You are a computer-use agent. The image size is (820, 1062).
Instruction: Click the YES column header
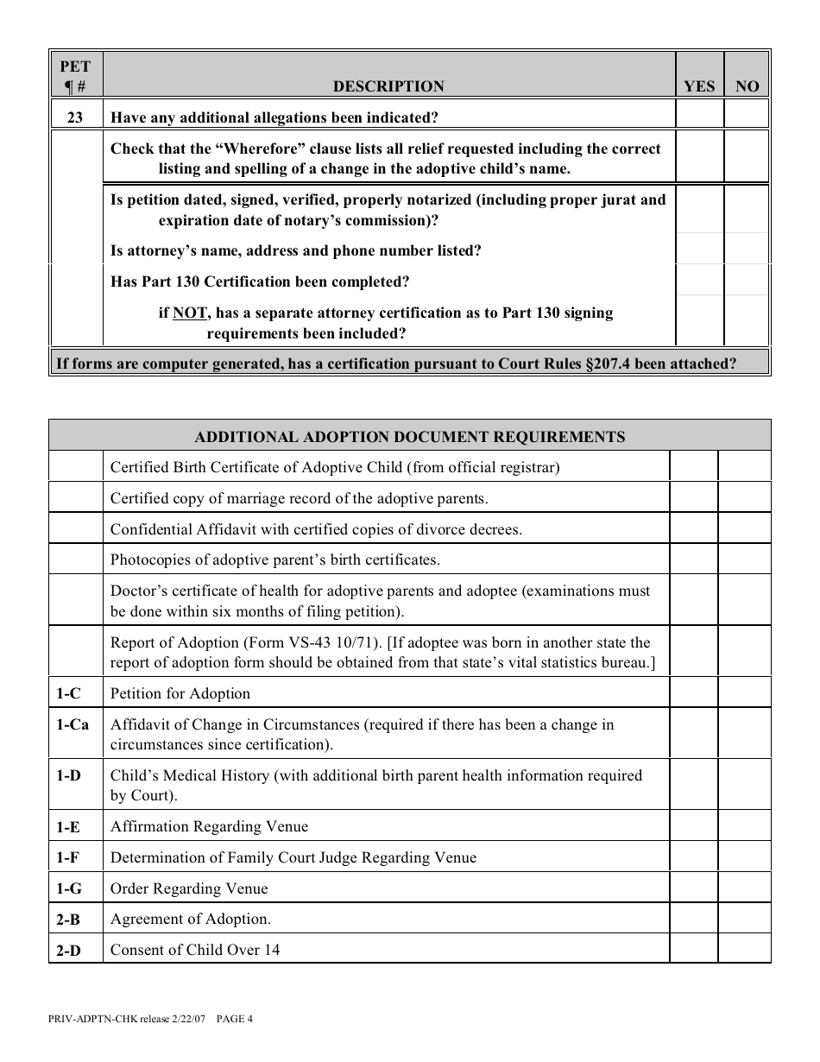[x=699, y=86]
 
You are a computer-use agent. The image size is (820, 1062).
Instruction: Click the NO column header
[x=747, y=86]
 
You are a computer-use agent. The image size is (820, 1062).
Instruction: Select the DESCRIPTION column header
[x=388, y=86]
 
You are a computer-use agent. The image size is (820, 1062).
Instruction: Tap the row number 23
[x=75, y=117]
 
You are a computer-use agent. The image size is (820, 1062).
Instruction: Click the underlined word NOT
[x=189, y=313]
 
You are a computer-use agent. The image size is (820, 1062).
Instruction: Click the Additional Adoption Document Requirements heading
[x=409, y=437]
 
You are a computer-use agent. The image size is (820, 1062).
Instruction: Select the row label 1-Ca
[x=73, y=725]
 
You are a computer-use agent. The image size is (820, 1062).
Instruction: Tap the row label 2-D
[x=69, y=951]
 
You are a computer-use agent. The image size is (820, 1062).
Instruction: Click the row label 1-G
[x=69, y=888]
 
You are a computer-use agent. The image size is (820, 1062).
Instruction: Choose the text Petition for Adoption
[x=180, y=694]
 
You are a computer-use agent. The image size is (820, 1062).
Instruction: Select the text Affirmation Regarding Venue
[x=209, y=827]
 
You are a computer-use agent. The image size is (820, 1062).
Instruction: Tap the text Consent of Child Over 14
[x=195, y=951]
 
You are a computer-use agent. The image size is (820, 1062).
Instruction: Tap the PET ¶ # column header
[x=75, y=77]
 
